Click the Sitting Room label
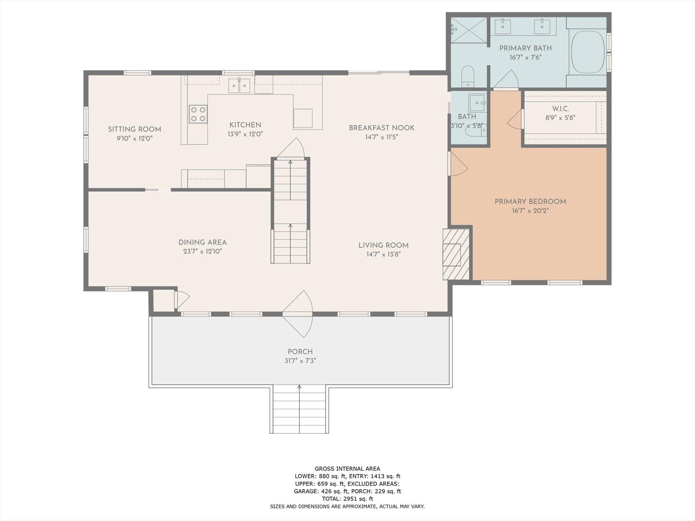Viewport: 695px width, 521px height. point(134,129)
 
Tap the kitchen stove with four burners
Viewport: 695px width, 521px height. point(198,114)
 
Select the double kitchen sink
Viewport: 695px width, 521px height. point(239,86)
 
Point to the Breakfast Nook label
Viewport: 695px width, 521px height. point(382,128)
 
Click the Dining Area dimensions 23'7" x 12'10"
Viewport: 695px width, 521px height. point(202,251)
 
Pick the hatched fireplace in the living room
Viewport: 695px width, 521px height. point(456,254)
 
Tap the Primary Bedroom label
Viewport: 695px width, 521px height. point(530,202)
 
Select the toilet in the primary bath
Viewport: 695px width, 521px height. point(468,76)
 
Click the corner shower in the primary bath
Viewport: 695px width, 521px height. point(469,30)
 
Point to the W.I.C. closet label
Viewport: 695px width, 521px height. point(560,109)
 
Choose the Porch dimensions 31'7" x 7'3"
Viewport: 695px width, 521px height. point(300,361)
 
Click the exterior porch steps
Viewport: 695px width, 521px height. point(299,409)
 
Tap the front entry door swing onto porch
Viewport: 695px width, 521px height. point(298,314)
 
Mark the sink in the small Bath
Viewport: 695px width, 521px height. point(477,103)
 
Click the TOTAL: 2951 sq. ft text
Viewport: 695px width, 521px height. point(347,499)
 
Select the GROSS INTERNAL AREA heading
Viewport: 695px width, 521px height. point(347,469)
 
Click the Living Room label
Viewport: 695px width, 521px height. point(383,245)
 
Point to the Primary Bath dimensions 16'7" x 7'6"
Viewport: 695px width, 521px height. point(526,57)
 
